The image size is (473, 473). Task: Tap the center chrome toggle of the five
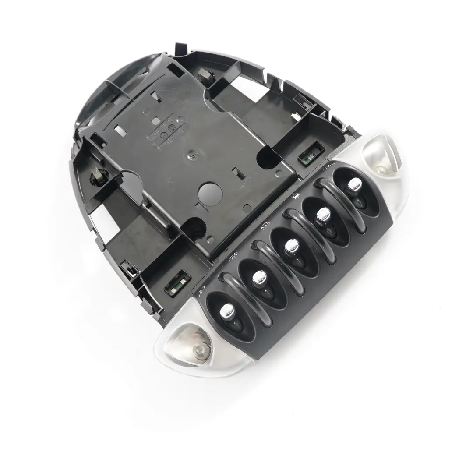click(290, 247)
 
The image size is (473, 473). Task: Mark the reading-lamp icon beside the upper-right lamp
click(327, 167)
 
